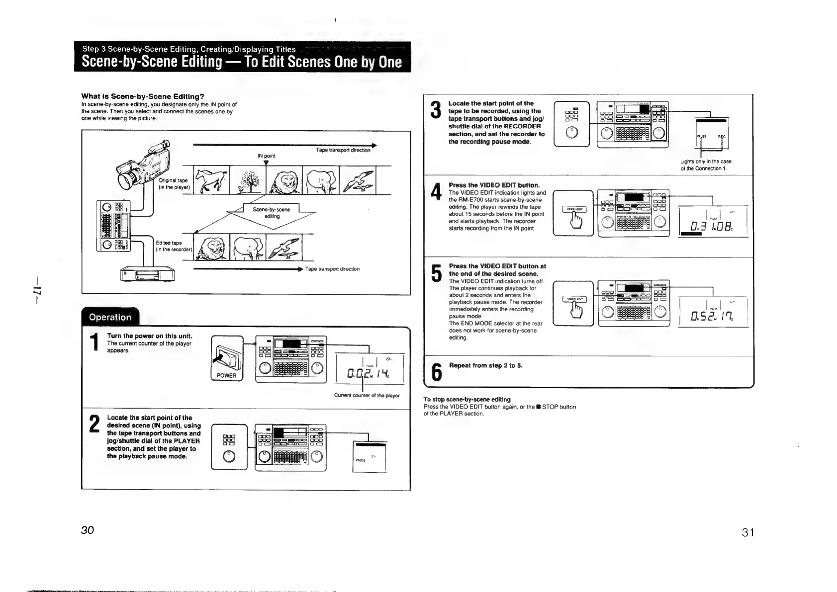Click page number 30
tap(88, 530)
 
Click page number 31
tap(748, 532)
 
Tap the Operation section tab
tap(110, 317)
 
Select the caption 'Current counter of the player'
tap(367, 396)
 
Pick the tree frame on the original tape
tap(248, 180)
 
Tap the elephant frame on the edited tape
tap(248, 247)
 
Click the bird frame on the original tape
tap(358, 180)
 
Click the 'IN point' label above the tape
tap(267, 156)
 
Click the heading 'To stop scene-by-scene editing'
tap(466, 399)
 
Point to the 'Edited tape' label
tap(169, 243)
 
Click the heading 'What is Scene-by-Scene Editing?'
tap(143, 96)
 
